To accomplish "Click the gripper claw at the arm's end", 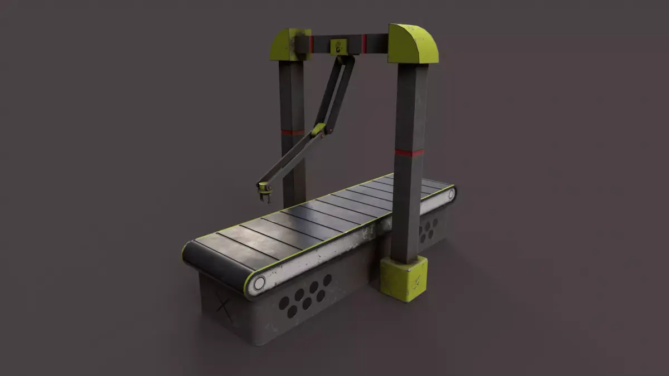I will [264, 192].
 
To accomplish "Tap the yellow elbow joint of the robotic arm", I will [318, 130].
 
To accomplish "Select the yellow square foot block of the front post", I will [404, 279].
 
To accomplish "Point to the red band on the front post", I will [409, 152].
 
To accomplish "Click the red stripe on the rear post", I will [292, 133].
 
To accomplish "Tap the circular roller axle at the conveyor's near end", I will [259, 283].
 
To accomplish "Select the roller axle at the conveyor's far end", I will [451, 194].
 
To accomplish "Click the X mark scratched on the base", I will [224, 307].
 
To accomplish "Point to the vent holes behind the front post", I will [428, 229].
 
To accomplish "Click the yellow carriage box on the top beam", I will [338, 46].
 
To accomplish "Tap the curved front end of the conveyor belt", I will [212, 265].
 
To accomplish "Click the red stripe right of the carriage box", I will [365, 43].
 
